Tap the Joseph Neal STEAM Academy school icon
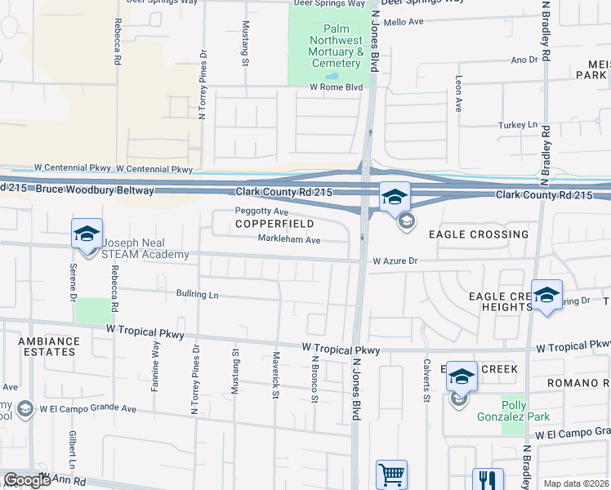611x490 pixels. [x=87, y=234]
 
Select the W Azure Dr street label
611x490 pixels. [x=395, y=261]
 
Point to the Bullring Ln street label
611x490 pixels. [x=197, y=293]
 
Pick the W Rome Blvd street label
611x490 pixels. [x=335, y=87]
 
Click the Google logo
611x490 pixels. [x=28, y=480]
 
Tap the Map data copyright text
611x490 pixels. [x=575, y=483]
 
